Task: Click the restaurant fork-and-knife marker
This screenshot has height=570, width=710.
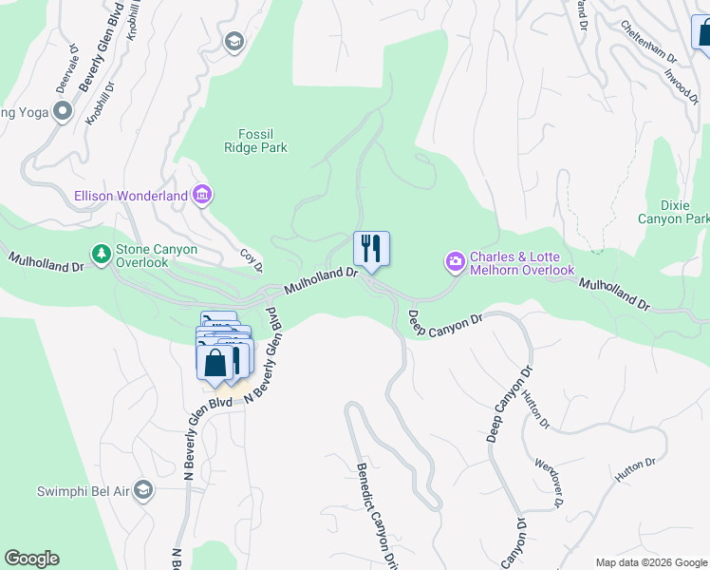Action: point(371,249)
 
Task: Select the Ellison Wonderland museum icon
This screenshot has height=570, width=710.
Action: point(202,196)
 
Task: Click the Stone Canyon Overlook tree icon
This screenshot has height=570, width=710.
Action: point(101,254)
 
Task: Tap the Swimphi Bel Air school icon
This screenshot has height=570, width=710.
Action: point(143,490)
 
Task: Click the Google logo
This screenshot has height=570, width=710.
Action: point(31,559)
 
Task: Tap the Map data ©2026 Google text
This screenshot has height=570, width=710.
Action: point(651,562)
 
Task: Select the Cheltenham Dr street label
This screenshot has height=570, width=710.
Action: point(648,42)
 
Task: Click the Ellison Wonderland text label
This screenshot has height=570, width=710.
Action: point(131,197)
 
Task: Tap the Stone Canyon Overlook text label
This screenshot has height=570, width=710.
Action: point(157,256)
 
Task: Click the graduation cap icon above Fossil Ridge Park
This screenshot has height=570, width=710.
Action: point(234,42)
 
